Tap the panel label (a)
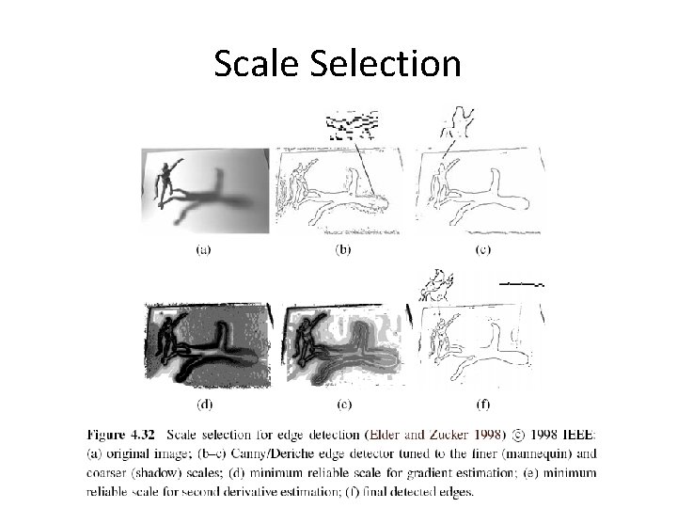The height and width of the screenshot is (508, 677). tap(202, 249)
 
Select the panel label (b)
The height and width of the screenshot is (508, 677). tap(343, 249)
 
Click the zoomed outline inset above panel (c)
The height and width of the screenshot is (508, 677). tap(457, 122)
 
